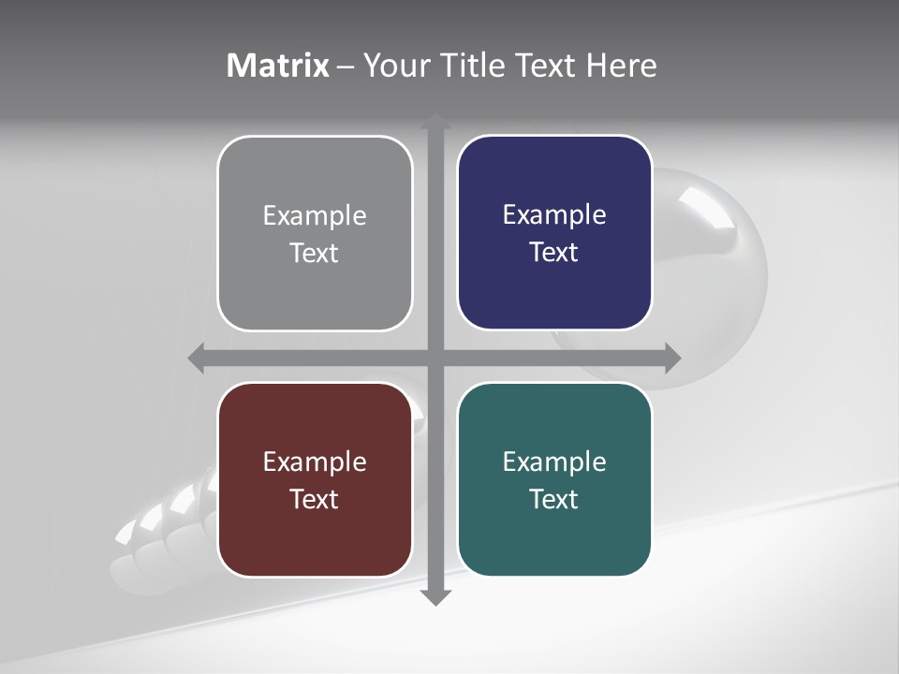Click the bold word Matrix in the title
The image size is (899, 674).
(x=278, y=66)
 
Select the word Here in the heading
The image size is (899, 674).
(x=622, y=66)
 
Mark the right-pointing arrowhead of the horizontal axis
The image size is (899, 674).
(x=671, y=358)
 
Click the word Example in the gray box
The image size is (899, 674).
(x=315, y=216)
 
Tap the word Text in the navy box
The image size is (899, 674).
(x=554, y=253)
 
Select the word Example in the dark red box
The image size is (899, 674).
(x=315, y=462)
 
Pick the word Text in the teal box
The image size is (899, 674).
(x=554, y=499)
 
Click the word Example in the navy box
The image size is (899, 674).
(x=554, y=215)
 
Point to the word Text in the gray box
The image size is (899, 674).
(x=315, y=254)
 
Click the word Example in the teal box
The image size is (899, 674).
(x=554, y=462)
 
